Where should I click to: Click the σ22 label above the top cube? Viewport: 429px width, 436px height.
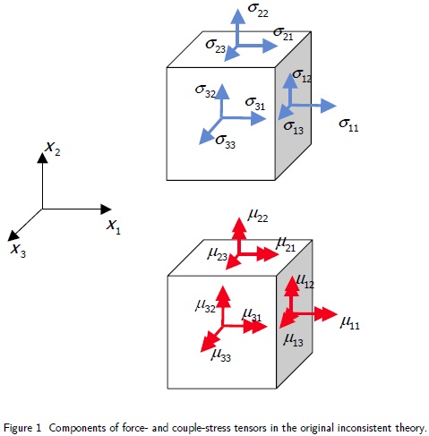pos(259,12)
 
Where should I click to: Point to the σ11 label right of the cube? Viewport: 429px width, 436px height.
pos(348,126)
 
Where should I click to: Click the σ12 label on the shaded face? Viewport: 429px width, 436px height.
pos(302,79)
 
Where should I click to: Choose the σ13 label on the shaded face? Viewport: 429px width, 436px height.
pos(294,127)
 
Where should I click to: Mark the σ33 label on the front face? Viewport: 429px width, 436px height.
pos(227,141)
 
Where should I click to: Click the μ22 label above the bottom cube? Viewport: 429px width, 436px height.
pos(258,215)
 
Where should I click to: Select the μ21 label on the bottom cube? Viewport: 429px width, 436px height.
pos(285,243)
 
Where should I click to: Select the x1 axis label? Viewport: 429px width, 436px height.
pos(114,227)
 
